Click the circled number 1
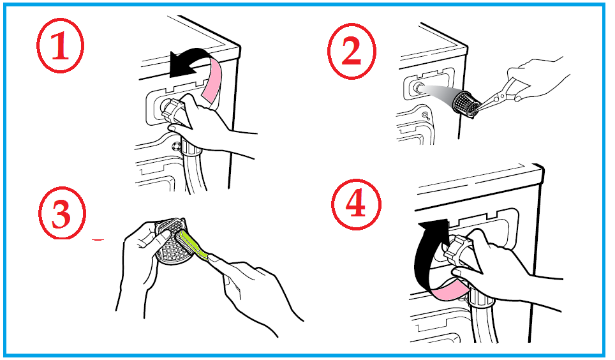(x=61, y=45)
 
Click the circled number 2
(x=352, y=51)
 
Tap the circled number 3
(x=62, y=213)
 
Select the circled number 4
(x=356, y=204)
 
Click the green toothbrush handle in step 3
(x=194, y=246)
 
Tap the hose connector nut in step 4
(x=458, y=255)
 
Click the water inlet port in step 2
(x=418, y=87)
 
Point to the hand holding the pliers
(x=537, y=79)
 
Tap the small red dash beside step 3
(x=98, y=239)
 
